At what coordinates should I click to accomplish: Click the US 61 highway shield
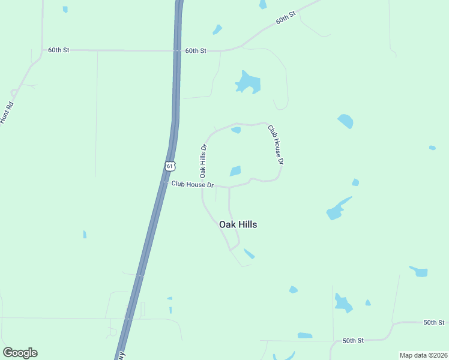pos(170,166)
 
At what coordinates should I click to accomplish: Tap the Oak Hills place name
pos(238,224)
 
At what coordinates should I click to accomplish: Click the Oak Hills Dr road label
pos(203,160)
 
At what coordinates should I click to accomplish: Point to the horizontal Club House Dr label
pos(192,185)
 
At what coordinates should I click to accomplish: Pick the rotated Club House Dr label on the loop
pos(276,145)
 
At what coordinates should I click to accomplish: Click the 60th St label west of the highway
pos(59,50)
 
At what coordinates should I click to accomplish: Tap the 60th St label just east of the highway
pos(196,51)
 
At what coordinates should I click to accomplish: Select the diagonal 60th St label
pos(286,17)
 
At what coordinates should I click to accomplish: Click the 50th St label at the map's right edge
pos(433,322)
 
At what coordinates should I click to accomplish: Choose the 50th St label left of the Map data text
pos(353,340)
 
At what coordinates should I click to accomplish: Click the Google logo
pos(20,353)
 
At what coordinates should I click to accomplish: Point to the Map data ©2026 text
pos(423,355)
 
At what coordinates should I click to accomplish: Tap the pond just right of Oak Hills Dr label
pos(235,171)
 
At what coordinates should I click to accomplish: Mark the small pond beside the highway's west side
pos(85,234)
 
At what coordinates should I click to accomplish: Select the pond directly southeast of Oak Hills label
pos(249,254)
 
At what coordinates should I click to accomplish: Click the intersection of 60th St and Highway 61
pos(178,51)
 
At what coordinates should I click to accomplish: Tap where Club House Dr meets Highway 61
pos(164,183)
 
